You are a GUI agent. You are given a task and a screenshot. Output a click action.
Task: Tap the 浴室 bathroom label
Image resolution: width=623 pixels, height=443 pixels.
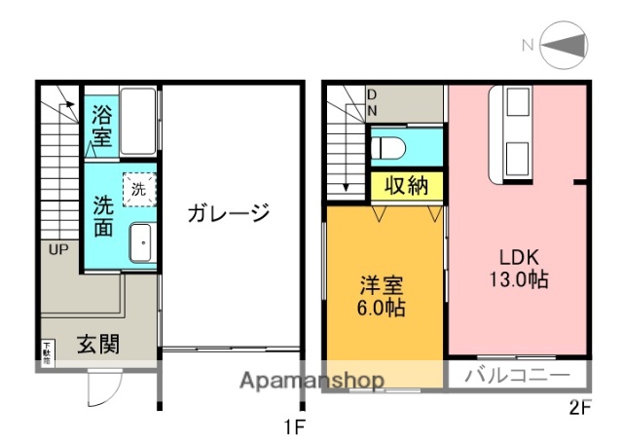(x=101, y=126)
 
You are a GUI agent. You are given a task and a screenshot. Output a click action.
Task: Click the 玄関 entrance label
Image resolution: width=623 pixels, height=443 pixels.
(x=98, y=345)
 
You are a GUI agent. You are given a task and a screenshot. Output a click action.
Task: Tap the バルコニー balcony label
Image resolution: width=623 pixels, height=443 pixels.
(x=517, y=375)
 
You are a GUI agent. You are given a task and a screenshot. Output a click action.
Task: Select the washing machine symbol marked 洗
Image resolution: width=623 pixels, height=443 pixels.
(x=138, y=189)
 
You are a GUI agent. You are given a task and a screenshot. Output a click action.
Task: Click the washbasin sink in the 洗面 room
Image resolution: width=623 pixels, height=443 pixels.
(x=140, y=243)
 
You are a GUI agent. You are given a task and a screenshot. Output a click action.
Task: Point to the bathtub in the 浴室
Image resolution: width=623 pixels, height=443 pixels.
(x=137, y=122)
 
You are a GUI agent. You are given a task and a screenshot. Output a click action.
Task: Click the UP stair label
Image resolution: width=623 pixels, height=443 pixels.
(x=58, y=249)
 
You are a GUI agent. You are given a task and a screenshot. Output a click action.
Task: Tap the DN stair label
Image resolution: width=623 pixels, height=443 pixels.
(x=372, y=102)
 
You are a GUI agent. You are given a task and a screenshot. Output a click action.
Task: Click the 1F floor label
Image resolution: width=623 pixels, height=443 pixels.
(x=294, y=425)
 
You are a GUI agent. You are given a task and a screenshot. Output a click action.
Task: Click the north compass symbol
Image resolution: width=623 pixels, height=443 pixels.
(x=564, y=45)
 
